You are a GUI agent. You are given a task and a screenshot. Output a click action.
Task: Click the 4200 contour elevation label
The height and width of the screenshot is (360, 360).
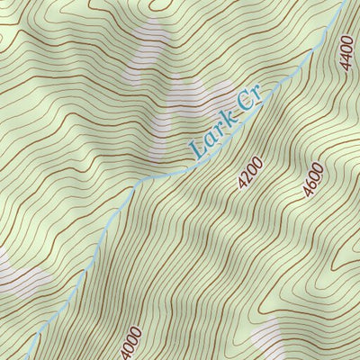pyautogui.click(x=250, y=173)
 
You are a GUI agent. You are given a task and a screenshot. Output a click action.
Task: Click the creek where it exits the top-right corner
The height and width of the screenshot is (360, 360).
pyautogui.click(x=344, y=3)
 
